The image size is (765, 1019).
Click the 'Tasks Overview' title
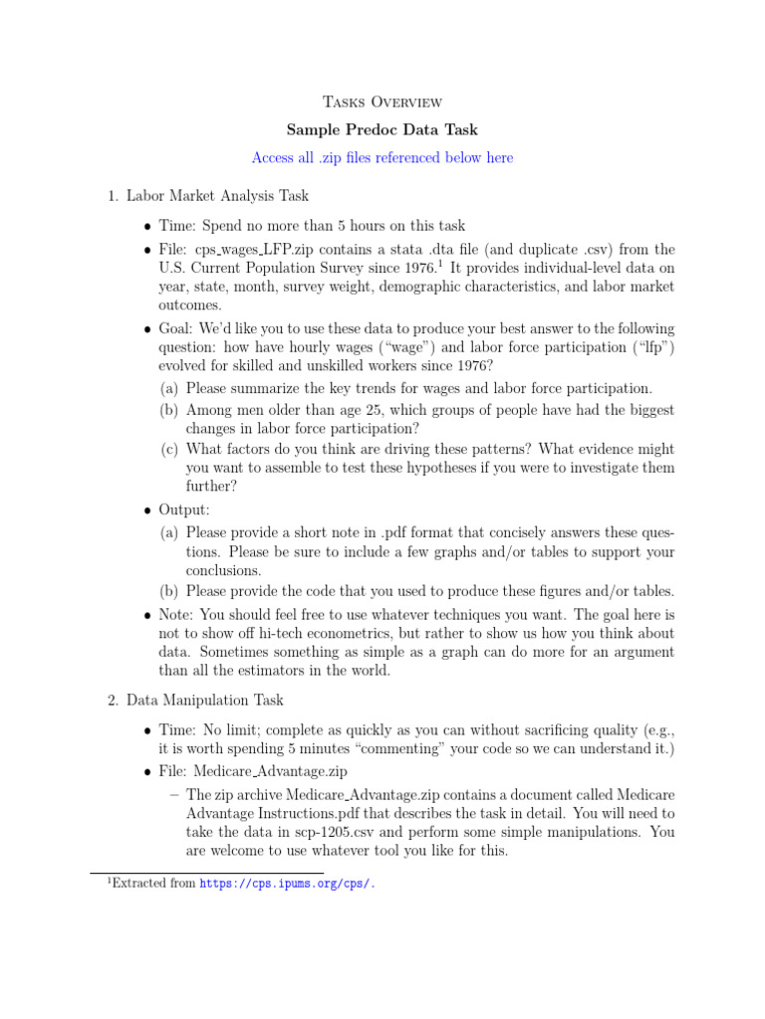(382, 102)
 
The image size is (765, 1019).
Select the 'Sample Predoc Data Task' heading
(382, 129)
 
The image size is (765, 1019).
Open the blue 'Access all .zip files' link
(382, 158)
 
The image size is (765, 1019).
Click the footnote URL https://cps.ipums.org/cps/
(288, 884)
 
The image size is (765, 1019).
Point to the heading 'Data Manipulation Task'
(205, 701)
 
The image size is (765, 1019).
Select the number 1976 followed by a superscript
(415, 269)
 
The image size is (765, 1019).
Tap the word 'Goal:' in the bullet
(176, 328)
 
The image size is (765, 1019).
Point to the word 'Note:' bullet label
(176, 614)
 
